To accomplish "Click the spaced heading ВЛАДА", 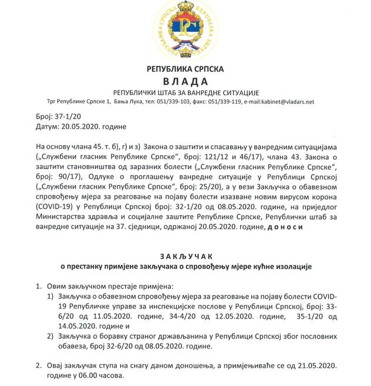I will point(185,81).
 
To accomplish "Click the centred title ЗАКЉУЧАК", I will point(185,256).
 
